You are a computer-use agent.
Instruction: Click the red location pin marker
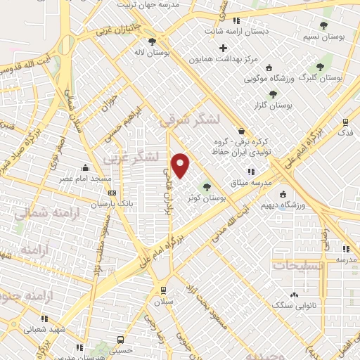click(x=181, y=165)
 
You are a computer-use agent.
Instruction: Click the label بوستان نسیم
click(x=327, y=36)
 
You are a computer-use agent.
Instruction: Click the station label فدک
click(x=345, y=132)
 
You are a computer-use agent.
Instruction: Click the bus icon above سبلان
click(x=163, y=289)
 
